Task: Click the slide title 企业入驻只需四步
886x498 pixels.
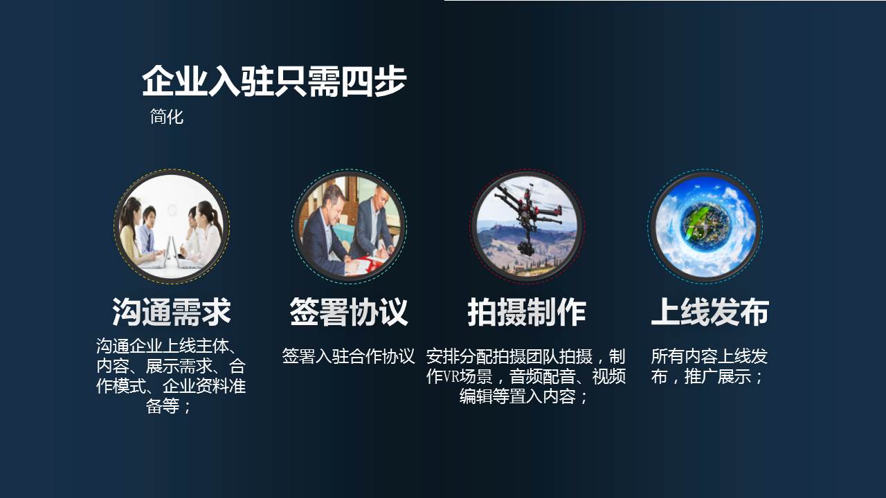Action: (274, 82)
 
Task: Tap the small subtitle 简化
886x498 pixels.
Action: (167, 117)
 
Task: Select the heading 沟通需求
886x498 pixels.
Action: (171, 312)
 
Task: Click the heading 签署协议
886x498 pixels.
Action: (349, 312)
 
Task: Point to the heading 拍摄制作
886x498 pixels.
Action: (527, 312)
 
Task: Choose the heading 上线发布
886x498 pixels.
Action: (710, 312)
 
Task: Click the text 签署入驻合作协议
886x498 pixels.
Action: (348, 356)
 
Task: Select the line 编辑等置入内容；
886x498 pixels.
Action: (525, 396)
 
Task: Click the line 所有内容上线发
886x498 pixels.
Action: (709, 356)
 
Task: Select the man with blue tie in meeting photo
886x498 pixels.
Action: (149, 233)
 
